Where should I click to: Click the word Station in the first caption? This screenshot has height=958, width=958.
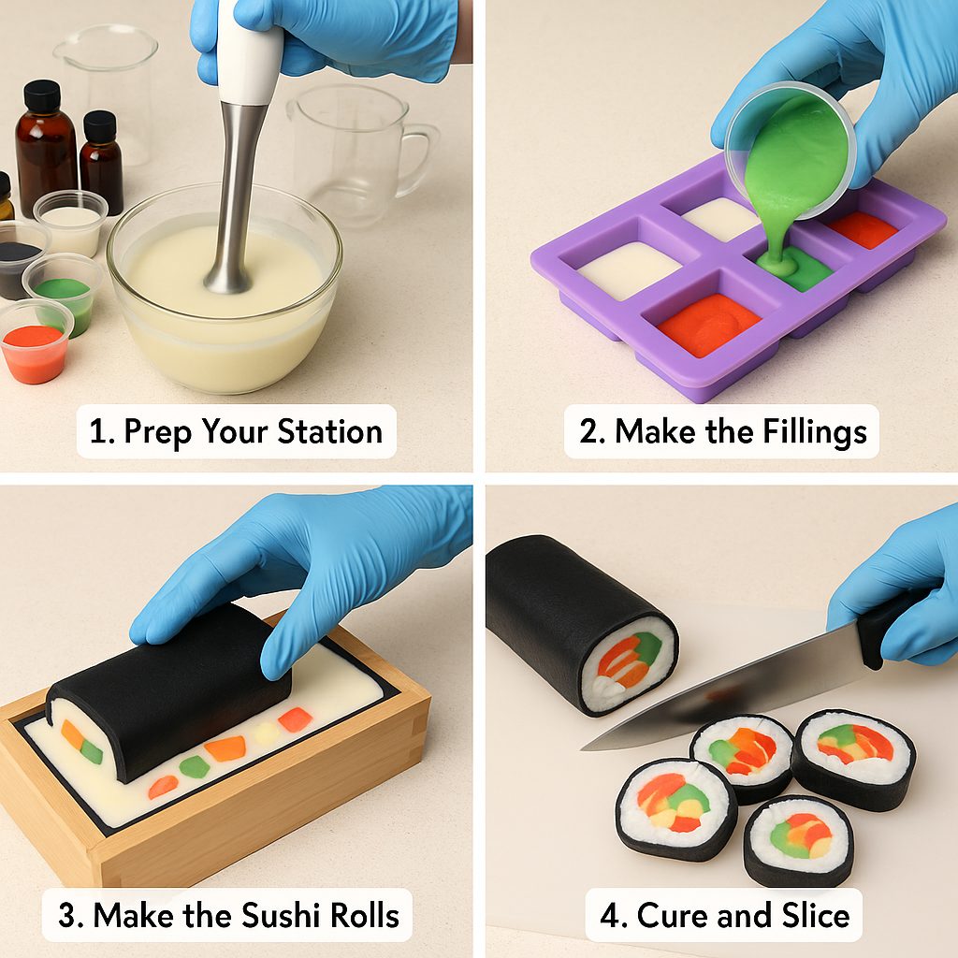point(329,431)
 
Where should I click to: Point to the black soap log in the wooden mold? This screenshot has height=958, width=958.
point(168,692)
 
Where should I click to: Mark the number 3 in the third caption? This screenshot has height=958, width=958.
point(67,914)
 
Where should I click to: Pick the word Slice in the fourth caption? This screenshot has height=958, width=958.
point(812,914)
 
